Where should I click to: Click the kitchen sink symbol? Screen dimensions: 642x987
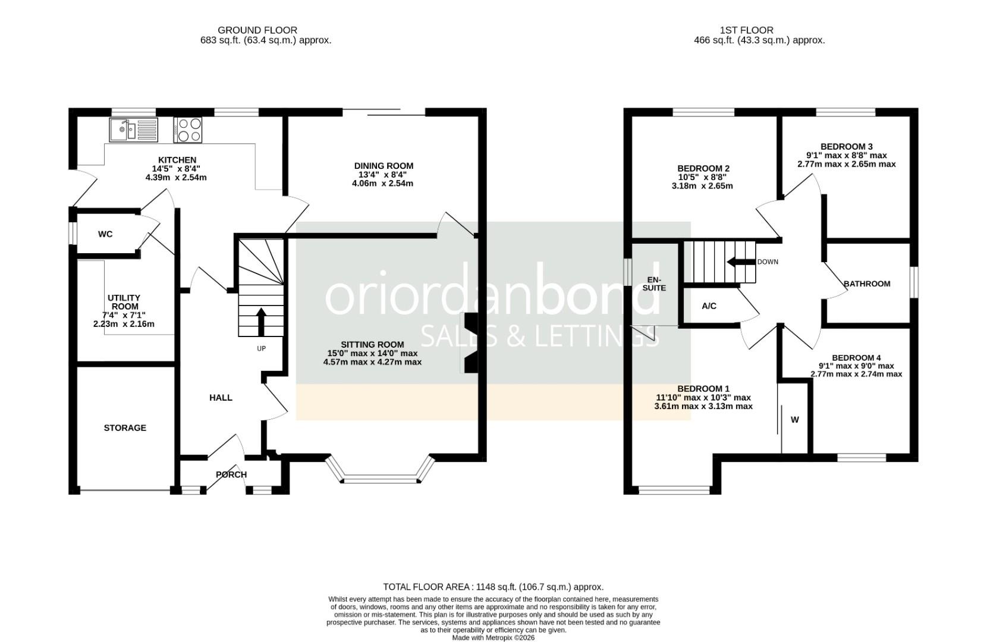pyautogui.click(x=133, y=130)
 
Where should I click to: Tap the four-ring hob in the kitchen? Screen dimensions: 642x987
pyautogui.click(x=188, y=130)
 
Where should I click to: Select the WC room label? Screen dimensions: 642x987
pyautogui.click(x=105, y=234)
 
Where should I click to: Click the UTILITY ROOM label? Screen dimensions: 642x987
pyautogui.click(x=124, y=302)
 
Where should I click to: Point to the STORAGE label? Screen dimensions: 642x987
pyautogui.click(x=125, y=428)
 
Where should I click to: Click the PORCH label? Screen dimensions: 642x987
pyautogui.click(x=231, y=474)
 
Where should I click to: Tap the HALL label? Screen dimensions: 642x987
pyautogui.click(x=221, y=398)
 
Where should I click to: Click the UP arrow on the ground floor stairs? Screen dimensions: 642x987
pyautogui.click(x=260, y=321)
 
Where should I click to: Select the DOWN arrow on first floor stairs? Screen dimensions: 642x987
pyautogui.click(x=740, y=262)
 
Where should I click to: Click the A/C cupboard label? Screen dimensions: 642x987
pyautogui.click(x=709, y=306)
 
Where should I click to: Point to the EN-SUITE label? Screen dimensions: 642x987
pyautogui.click(x=654, y=284)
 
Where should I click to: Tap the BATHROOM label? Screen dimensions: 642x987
pyautogui.click(x=867, y=284)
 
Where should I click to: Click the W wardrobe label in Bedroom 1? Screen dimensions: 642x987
pyautogui.click(x=795, y=420)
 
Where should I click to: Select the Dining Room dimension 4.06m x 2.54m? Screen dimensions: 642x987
pyautogui.click(x=382, y=184)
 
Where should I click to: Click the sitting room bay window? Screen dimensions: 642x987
pyautogui.click(x=381, y=476)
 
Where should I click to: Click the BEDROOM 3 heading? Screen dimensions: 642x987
pyautogui.click(x=846, y=147)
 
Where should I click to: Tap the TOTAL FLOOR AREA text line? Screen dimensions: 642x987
pyautogui.click(x=493, y=587)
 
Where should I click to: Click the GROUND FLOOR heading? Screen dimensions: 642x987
pyautogui.click(x=257, y=30)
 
